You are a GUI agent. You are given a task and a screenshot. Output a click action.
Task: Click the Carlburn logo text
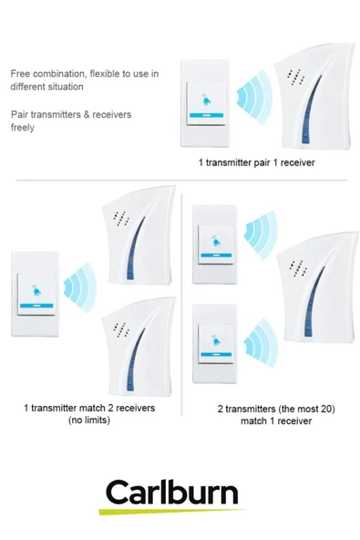171,492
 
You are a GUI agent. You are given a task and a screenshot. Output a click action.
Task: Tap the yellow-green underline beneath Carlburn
171,512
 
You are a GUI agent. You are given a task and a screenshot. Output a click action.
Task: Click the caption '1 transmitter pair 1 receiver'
256,162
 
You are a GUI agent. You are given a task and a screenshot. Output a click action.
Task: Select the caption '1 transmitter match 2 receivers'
89,408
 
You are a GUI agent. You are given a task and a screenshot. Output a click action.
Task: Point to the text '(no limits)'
89,421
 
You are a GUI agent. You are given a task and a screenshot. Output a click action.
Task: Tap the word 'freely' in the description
23,128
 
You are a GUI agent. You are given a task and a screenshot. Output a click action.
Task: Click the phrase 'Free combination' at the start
47,74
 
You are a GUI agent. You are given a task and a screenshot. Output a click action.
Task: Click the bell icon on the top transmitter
206,99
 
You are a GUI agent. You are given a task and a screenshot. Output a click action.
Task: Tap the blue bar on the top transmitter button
206,116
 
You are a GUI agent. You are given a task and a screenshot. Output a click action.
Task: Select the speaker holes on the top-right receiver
296,77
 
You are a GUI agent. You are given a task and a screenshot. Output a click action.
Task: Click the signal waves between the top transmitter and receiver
254,97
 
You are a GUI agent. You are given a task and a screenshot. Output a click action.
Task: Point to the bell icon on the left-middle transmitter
36,291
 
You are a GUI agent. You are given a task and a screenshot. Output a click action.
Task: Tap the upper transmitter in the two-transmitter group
215,244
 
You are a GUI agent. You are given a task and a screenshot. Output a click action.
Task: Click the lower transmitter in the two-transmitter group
215,343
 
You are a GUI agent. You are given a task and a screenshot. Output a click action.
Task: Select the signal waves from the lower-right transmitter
261,343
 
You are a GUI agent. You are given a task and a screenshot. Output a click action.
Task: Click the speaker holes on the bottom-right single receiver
298,268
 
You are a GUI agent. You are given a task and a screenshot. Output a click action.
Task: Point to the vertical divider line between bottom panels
181,305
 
